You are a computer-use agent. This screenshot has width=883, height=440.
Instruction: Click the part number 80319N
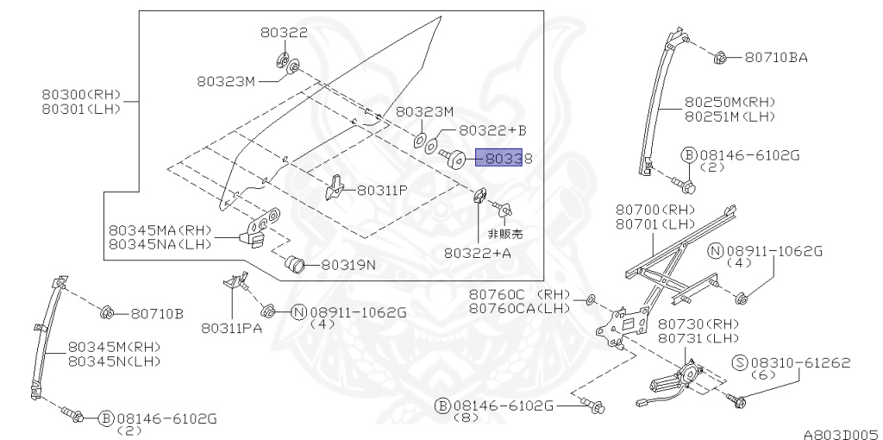click(348, 264)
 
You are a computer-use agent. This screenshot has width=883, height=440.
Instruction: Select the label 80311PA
click(231, 329)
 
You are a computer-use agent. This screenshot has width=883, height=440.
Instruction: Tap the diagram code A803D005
click(842, 434)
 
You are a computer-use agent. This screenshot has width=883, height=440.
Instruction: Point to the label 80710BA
click(776, 58)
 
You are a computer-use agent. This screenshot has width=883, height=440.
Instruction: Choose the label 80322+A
click(478, 253)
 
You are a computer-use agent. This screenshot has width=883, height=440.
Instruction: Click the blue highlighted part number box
click(499, 158)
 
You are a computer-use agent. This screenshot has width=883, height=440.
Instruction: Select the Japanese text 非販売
click(505, 233)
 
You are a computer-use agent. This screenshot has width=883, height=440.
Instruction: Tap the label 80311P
click(382, 191)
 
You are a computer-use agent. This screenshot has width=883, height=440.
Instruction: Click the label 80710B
click(157, 314)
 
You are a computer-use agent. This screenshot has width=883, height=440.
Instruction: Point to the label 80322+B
click(492, 130)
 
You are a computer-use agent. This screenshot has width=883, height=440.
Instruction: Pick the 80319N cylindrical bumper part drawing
click(294, 264)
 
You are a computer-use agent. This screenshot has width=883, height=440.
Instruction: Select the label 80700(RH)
click(655, 210)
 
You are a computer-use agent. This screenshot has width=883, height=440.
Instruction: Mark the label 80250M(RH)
click(730, 103)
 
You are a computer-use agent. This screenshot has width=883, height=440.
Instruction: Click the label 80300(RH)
click(81, 94)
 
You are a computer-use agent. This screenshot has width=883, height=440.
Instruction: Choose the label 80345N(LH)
click(114, 361)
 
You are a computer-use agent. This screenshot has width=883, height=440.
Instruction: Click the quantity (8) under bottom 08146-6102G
click(465, 418)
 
